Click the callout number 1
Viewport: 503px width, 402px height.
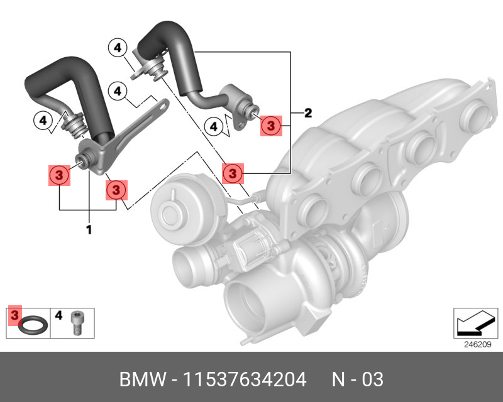click(x=89, y=229)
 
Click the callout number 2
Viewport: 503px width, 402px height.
click(x=308, y=113)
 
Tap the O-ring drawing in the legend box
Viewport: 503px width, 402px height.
click(x=33, y=324)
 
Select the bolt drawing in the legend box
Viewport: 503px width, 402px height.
click(x=77, y=322)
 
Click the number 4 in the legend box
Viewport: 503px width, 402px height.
click(x=58, y=315)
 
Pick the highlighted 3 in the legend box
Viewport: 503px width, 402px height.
click(x=14, y=315)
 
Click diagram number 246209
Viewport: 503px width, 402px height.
click(x=478, y=344)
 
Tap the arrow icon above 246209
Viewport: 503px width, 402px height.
click(x=475, y=323)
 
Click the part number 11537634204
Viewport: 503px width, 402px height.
click(x=245, y=379)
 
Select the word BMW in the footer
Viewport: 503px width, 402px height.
click(x=143, y=379)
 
